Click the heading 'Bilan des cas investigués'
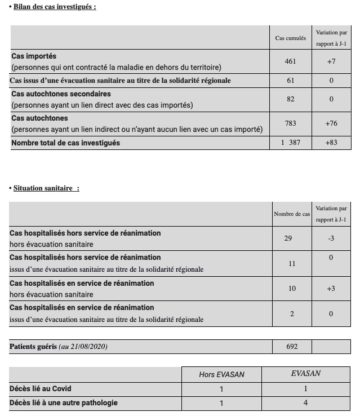[54, 7]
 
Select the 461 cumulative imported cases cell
[290, 61]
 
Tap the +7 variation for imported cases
[331, 61]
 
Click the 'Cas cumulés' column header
[291, 38]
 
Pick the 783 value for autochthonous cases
[290, 123]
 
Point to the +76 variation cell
[331, 123]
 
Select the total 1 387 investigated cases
[291, 143]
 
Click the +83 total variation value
[331, 143]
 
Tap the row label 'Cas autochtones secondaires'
[61, 94]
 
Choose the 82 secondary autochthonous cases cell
[290, 99]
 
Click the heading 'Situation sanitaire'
[46, 188]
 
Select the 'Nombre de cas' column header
[292, 214]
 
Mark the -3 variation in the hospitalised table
[331, 238]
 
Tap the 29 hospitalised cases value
[288, 238]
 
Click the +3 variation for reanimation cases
[331, 289]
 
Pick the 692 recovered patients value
[292, 347]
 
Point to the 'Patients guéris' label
[33, 347]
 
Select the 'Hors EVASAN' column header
[222, 374]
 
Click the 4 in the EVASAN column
[306, 403]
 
